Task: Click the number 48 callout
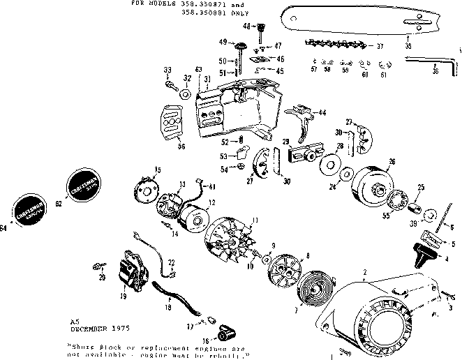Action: [x=246, y=27]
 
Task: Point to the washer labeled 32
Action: [x=186, y=93]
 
